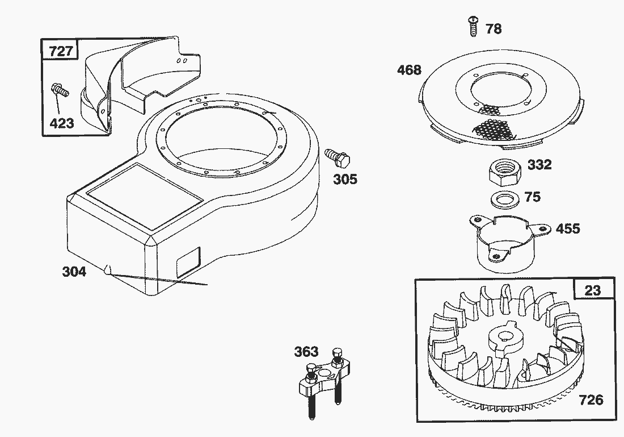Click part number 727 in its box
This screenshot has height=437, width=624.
pyautogui.click(x=61, y=51)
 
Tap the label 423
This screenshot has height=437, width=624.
pyautogui.click(x=62, y=123)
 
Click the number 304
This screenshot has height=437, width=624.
pyautogui.click(x=74, y=272)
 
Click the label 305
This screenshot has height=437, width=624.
pyautogui.click(x=345, y=180)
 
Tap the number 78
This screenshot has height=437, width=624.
pyautogui.click(x=494, y=28)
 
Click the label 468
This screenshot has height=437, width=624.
pyautogui.click(x=409, y=70)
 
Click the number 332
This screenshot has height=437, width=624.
pyautogui.click(x=539, y=165)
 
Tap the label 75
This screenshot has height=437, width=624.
pyautogui.click(x=533, y=197)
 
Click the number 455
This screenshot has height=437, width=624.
pyautogui.click(x=568, y=228)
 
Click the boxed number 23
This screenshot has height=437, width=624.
pyautogui.click(x=592, y=290)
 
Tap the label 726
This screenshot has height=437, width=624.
pyautogui.click(x=591, y=399)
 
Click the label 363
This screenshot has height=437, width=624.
pyautogui.click(x=306, y=352)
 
